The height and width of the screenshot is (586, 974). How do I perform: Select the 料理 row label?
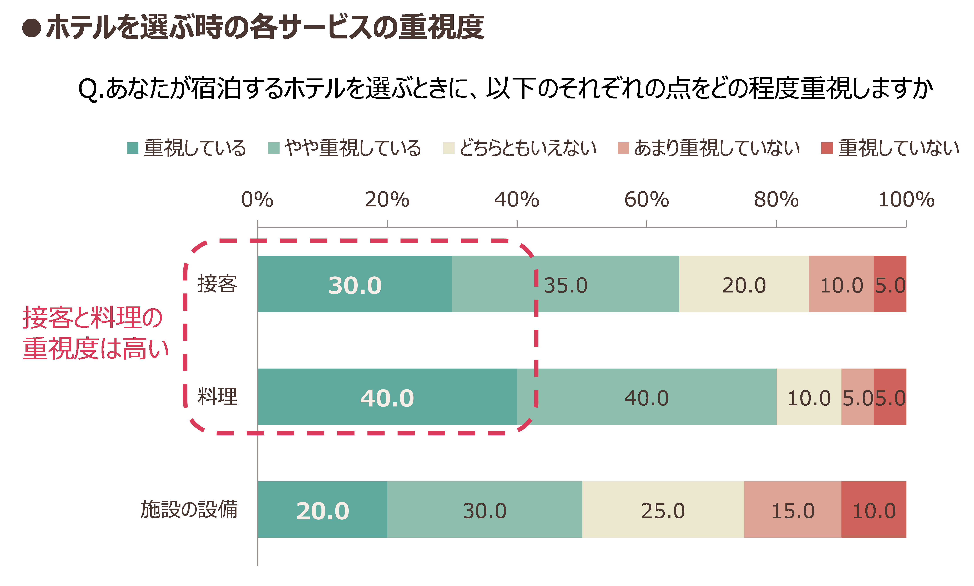coord(218,396)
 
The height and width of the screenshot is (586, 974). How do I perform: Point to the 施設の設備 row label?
coord(189,509)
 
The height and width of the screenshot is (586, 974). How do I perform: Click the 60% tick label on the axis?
coord(647,199)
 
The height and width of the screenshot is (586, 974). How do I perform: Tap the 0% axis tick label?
coord(257,199)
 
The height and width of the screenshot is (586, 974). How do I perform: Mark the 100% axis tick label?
coord(906,199)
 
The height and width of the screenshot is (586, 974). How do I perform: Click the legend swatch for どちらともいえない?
coord(449,148)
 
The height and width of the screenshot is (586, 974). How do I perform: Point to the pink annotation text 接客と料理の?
coord(93,318)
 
